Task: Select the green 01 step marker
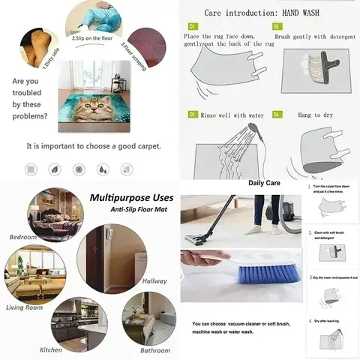[191, 26]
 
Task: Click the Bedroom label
[22, 237]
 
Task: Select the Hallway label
[154, 281]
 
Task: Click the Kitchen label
[51, 349]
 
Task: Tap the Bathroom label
[155, 349]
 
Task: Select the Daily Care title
[264, 183]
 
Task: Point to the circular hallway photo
[110, 255]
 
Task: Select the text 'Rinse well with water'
[233, 114]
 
